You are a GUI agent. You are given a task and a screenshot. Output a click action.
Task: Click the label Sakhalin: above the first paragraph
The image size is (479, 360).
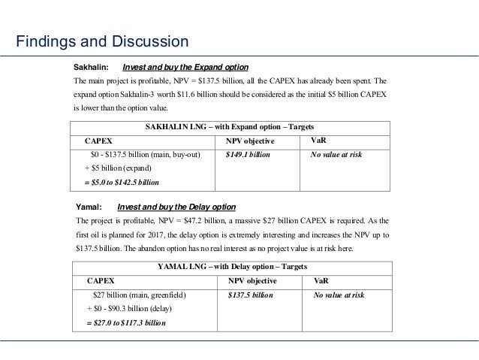(90, 66)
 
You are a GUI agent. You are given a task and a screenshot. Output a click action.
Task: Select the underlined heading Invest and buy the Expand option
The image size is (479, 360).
(185, 66)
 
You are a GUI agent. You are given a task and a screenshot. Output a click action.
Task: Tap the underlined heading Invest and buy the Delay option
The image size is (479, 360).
(176, 207)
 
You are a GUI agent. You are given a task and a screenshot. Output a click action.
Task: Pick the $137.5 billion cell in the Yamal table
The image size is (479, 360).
(250, 295)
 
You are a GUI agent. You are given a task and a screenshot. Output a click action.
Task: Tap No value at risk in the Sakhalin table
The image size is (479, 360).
(336, 155)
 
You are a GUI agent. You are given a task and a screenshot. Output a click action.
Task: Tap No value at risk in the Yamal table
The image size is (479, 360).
(339, 295)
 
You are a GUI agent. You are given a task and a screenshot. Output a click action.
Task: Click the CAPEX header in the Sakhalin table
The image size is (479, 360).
(99, 141)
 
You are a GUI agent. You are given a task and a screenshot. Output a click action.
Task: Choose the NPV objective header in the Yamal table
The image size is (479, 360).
(252, 280)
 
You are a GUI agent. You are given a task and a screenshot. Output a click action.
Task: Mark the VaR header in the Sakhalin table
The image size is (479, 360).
(318, 140)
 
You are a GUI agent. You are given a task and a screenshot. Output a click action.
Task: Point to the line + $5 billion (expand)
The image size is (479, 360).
(117, 168)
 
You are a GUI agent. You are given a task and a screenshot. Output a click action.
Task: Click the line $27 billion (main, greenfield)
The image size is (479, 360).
(139, 295)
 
